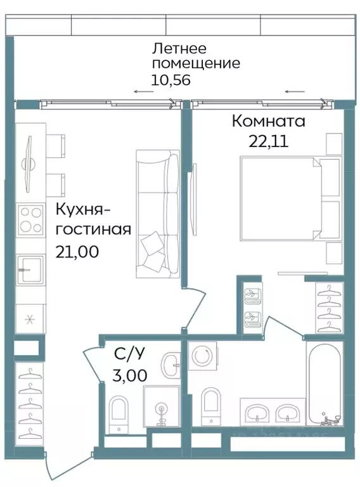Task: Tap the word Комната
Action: (x=269, y=120)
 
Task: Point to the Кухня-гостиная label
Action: (x=93, y=219)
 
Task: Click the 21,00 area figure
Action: (x=77, y=251)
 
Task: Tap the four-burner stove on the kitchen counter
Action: (x=30, y=219)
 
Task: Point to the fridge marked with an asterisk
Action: (x=29, y=319)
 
